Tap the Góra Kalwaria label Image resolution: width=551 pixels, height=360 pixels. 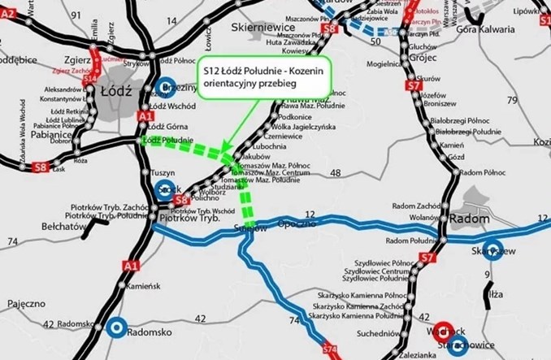click(485, 29)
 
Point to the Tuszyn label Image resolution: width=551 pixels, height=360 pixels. click(166, 173)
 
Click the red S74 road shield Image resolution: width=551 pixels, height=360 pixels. click(328, 349)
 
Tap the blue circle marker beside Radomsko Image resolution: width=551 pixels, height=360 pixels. click(117, 327)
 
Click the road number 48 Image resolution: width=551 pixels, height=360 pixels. click(336, 173)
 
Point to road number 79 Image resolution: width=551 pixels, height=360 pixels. click(512, 100)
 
